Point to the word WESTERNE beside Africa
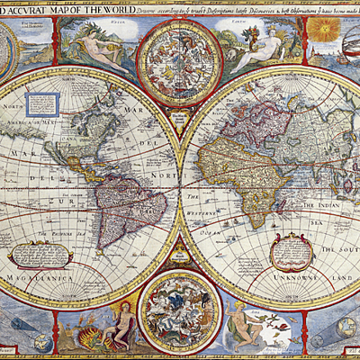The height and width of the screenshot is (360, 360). point(211,210)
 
